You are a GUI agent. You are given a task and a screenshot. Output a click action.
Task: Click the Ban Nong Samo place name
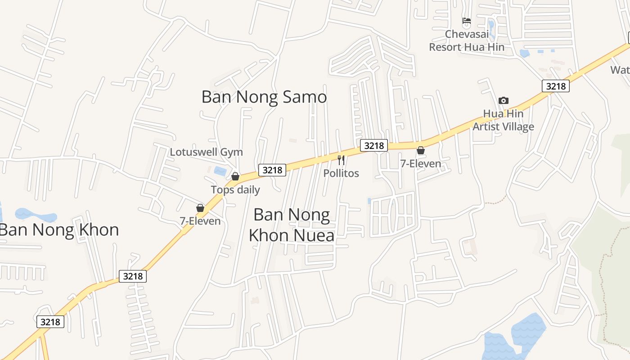[264, 97]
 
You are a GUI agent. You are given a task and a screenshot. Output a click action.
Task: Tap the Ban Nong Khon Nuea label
[292, 225]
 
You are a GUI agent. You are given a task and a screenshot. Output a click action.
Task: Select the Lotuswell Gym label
[206, 152]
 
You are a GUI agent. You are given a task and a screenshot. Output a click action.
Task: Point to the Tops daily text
[235, 189]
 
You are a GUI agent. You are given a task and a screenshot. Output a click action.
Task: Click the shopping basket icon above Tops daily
[235, 176]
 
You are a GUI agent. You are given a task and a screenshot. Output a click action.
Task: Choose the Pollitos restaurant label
[341, 173]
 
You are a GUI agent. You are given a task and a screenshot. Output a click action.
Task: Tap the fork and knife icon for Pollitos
[341, 160]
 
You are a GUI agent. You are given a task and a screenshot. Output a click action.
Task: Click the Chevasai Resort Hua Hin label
[467, 40]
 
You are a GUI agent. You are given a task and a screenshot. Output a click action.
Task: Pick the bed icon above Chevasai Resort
[467, 21]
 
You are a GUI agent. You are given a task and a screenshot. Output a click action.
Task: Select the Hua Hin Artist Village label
[503, 120]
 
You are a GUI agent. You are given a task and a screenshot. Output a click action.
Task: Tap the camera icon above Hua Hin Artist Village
[504, 101]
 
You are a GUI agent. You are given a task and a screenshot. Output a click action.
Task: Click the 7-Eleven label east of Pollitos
[421, 163]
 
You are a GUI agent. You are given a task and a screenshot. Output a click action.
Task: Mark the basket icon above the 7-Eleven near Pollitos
[421, 150]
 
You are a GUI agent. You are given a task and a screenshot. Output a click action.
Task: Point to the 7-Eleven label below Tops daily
[200, 221]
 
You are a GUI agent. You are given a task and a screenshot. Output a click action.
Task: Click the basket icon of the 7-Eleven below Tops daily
[200, 208]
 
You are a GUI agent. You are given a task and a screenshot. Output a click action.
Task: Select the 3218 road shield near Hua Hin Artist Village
[556, 85]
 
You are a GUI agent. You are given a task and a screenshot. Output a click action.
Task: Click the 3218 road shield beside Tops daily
[272, 170]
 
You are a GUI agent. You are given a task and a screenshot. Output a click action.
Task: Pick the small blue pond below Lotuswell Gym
[220, 171]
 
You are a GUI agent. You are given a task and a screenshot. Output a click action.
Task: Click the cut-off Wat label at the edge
[621, 70]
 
